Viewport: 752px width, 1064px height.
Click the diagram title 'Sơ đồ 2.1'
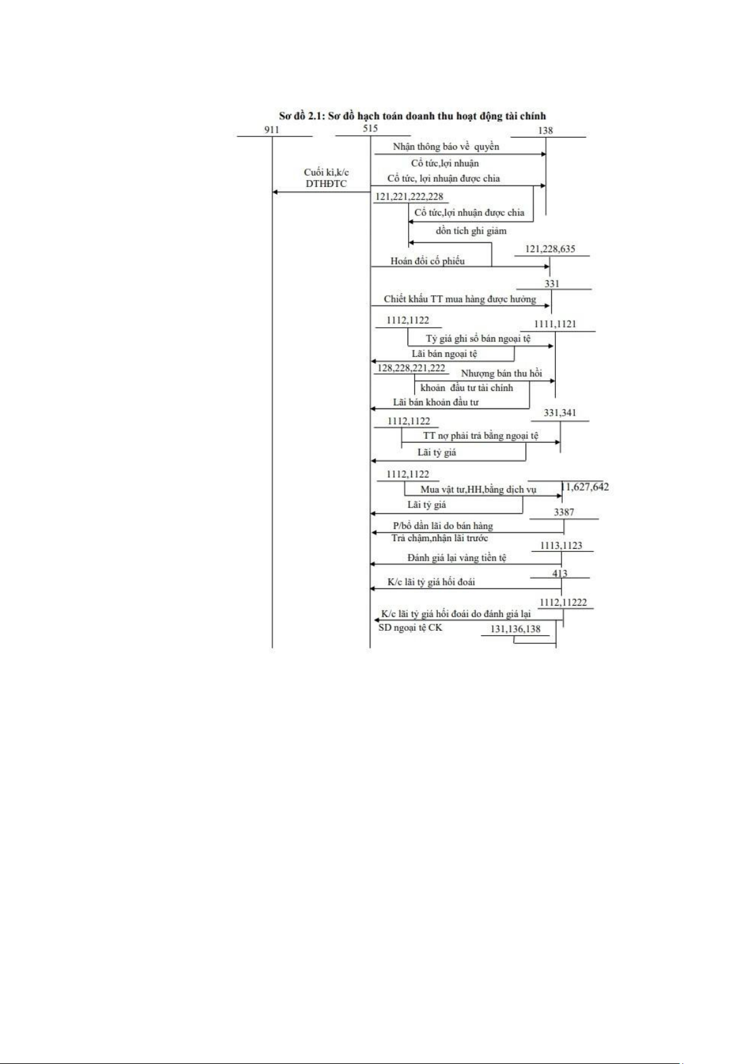tap(412, 116)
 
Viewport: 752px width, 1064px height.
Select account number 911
tap(272, 129)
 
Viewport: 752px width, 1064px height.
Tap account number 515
tap(370, 128)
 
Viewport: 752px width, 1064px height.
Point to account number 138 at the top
tap(546, 130)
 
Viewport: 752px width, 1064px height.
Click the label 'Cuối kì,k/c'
tap(326, 172)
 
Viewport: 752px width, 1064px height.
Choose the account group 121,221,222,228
tap(409, 196)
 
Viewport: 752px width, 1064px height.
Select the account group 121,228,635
tap(550, 249)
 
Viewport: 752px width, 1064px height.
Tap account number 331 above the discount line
tap(552, 284)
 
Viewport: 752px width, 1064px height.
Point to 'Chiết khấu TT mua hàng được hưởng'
tap(460, 299)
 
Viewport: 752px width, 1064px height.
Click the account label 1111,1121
tap(555, 324)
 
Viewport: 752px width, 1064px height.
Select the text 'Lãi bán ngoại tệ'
tap(444, 354)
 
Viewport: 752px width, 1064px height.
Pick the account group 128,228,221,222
tap(411, 368)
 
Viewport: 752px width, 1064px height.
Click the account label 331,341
tap(560, 413)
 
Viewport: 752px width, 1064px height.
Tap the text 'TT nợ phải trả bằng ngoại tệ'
tap(480, 436)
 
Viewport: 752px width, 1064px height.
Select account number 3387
tap(564, 512)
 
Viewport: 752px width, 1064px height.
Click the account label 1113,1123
tap(561, 545)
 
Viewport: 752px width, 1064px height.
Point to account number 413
tap(560, 573)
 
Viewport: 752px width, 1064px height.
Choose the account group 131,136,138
tap(515, 629)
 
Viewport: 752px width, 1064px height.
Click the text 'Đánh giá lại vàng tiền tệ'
tap(457, 558)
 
